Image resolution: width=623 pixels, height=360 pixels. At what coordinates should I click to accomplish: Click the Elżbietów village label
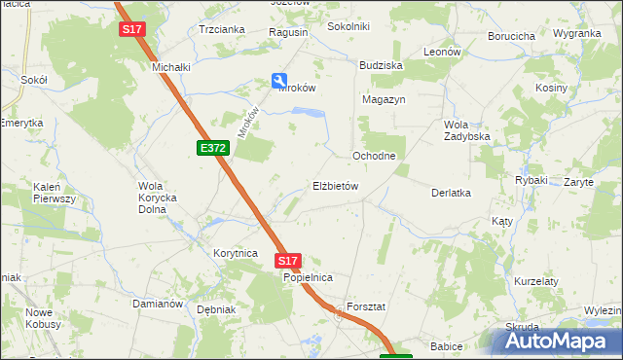tap(336, 186)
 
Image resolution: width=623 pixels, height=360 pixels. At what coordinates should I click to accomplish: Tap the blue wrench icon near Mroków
tap(279, 82)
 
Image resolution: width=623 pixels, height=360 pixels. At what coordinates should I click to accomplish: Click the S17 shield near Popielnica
tap(287, 261)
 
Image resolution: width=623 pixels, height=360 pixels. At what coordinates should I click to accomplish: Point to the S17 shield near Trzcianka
tap(132, 30)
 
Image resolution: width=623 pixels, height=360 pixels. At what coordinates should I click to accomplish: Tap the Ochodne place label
tap(373, 156)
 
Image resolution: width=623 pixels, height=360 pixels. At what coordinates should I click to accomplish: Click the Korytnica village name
tap(235, 253)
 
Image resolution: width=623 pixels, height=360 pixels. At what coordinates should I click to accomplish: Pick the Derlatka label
tap(451, 193)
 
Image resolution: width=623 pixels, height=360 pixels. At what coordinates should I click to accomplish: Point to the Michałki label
tap(169, 67)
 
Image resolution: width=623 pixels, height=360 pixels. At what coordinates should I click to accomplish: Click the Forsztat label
tap(366, 306)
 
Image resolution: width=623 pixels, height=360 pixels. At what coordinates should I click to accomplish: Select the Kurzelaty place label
tap(535, 281)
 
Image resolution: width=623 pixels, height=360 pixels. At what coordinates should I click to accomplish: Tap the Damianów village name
tap(158, 304)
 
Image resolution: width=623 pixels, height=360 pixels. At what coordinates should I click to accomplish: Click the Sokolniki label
tap(348, 26)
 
